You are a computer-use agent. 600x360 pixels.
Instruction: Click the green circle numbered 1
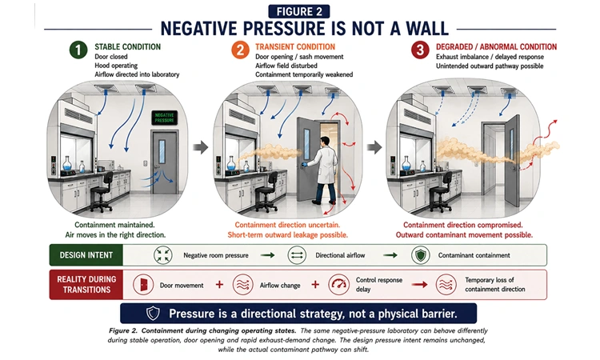(x=78, y=50)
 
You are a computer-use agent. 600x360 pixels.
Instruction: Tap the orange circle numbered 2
(x=240, y=50)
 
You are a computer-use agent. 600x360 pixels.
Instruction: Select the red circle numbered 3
(x=420, y=50)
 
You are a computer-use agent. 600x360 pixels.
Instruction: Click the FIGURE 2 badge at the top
(x=299, y=11)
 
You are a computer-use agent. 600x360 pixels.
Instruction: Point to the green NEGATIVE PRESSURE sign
(x=165, y=118)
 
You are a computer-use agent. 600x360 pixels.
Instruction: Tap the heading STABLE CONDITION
(x=128, y=46)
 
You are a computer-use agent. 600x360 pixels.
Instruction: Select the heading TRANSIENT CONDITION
(x=295, y=46)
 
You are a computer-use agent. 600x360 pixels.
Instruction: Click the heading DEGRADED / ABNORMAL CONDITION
(x=496, y=46)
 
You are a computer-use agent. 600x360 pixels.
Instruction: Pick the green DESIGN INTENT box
(x=86, y=255)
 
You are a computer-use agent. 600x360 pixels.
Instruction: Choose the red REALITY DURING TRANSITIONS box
(x=86, y=285)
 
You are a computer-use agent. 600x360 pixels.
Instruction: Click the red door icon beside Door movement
(x=143, y=285)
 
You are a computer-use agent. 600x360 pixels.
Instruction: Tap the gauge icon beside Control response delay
(x=338, y=285)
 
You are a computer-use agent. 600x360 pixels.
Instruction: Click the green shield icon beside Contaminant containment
(x=421, y=255)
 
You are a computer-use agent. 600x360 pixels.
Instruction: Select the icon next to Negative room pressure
(x=163, y=255)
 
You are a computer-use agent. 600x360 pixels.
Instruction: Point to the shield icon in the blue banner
(x=153, y=314)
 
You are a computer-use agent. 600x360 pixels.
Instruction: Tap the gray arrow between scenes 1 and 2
(x=200, y=147)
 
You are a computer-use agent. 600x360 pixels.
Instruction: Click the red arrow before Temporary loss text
(x=419, y=285)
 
